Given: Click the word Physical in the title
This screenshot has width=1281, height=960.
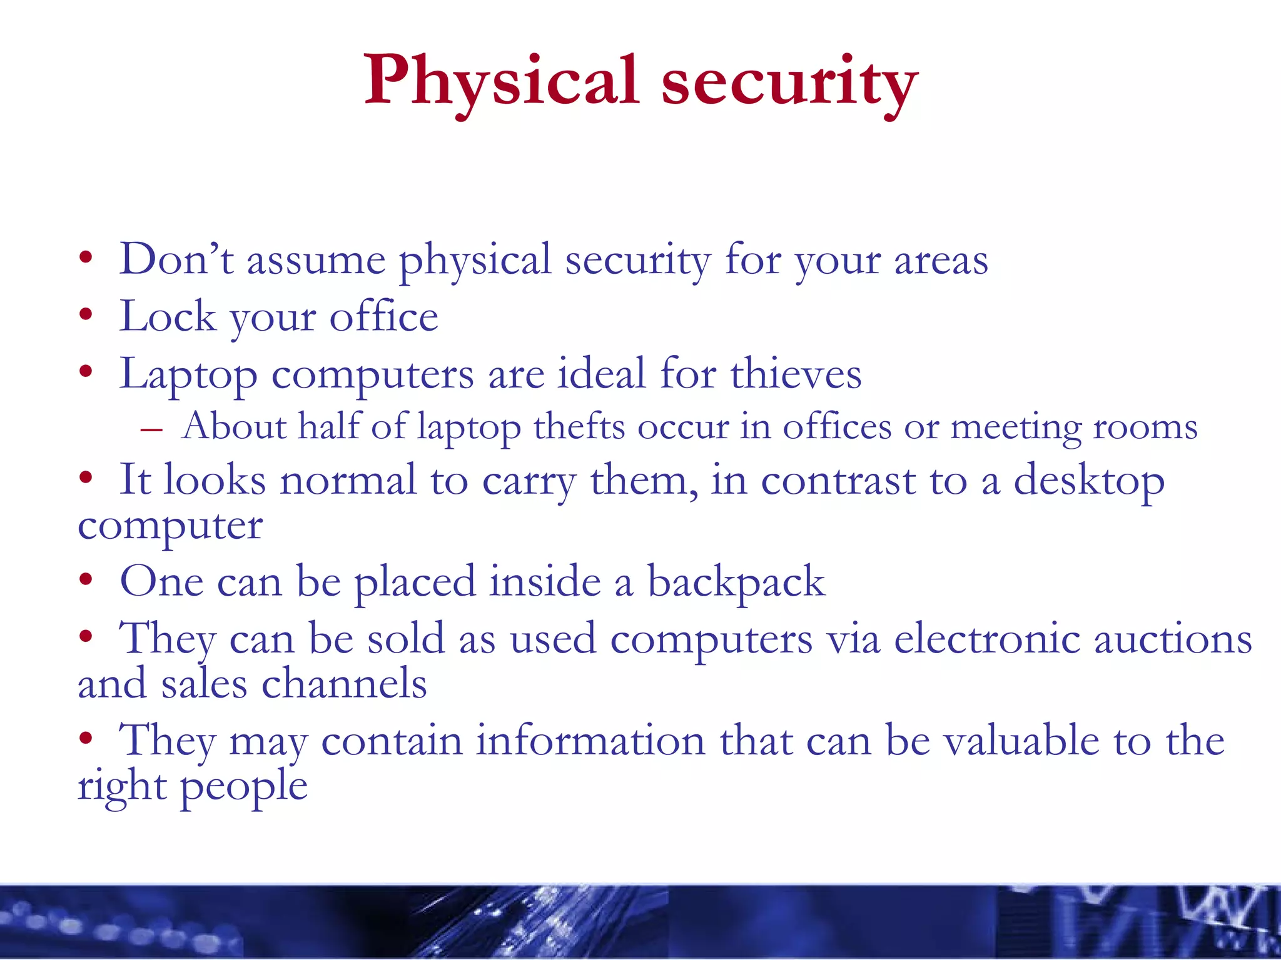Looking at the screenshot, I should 501,81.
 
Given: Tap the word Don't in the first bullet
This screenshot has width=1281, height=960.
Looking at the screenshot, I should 176,259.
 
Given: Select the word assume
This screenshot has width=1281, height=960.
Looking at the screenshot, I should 316,261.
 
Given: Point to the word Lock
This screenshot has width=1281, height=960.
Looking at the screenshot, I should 168,316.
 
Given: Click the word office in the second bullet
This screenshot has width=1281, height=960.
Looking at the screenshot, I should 383,316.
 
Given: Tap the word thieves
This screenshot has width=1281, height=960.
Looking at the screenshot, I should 796,374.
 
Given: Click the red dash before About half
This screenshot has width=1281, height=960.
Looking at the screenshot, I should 152,430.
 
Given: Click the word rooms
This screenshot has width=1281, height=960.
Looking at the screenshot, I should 1145,428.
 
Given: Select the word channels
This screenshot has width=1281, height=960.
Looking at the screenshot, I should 344,683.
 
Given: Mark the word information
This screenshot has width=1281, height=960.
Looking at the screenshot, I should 590,741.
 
